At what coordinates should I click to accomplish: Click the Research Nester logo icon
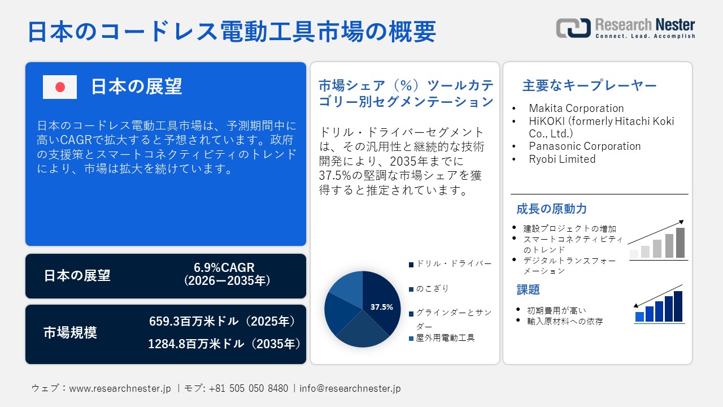click(573, 28)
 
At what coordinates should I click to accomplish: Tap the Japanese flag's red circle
click(60, 87)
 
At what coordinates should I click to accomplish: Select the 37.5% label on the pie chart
click(381, 307)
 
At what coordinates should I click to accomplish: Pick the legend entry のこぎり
click(432, 289)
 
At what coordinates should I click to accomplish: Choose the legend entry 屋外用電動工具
click(445, 338)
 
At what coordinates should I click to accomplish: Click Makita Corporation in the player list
click(576, 108)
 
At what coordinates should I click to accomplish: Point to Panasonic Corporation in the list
click(585, 146)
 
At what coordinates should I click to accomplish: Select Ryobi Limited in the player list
click(562, 159)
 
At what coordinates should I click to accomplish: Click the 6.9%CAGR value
click(224, 267)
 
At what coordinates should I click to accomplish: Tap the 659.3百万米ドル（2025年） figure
click(223, 322)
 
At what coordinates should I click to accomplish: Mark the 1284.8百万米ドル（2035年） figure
click(224, 343)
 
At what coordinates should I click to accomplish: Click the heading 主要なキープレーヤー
click(589, 86)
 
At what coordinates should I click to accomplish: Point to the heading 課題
click(528, 289)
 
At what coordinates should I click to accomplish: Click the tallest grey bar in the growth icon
click(680, 243)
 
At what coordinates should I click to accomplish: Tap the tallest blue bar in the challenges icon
click(678, 306)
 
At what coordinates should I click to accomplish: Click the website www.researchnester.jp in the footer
click(120, 388)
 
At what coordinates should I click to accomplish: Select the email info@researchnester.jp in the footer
click(350, 388)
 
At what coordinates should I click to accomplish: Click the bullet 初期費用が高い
click(556, 310)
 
